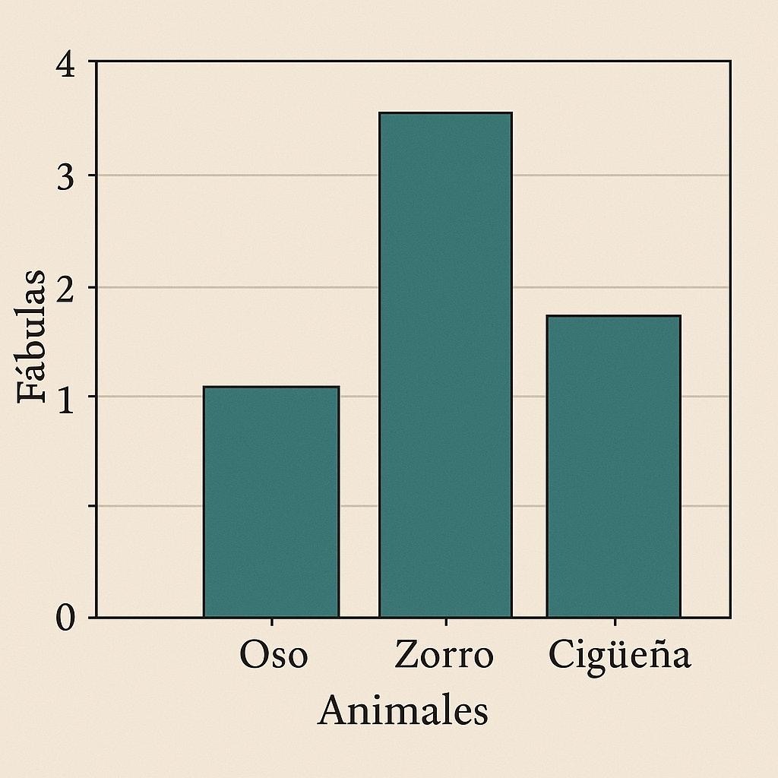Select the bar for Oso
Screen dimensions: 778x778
(271, 501)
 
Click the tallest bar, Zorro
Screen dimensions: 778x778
(445, 365)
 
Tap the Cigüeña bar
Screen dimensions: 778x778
(614, 466)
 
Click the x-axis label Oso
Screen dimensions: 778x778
(274, 654)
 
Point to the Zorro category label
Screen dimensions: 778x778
(444, 654)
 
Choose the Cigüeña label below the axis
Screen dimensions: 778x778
(620, 656)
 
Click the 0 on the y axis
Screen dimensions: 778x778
(65, 618)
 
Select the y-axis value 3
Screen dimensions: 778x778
(65, 176)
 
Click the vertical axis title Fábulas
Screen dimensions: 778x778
(31, 337)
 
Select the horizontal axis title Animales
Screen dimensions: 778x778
(403, 710)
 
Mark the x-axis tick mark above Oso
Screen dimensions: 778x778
(271, 621)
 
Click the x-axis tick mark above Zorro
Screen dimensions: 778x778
(446, 621)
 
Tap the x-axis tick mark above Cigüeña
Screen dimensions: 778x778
(615, 621)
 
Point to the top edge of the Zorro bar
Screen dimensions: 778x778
(445, 113)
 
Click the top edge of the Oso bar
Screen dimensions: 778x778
(271, 387)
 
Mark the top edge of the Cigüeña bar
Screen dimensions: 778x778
(614, 315)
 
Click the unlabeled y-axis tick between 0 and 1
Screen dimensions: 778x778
(92, 506)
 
